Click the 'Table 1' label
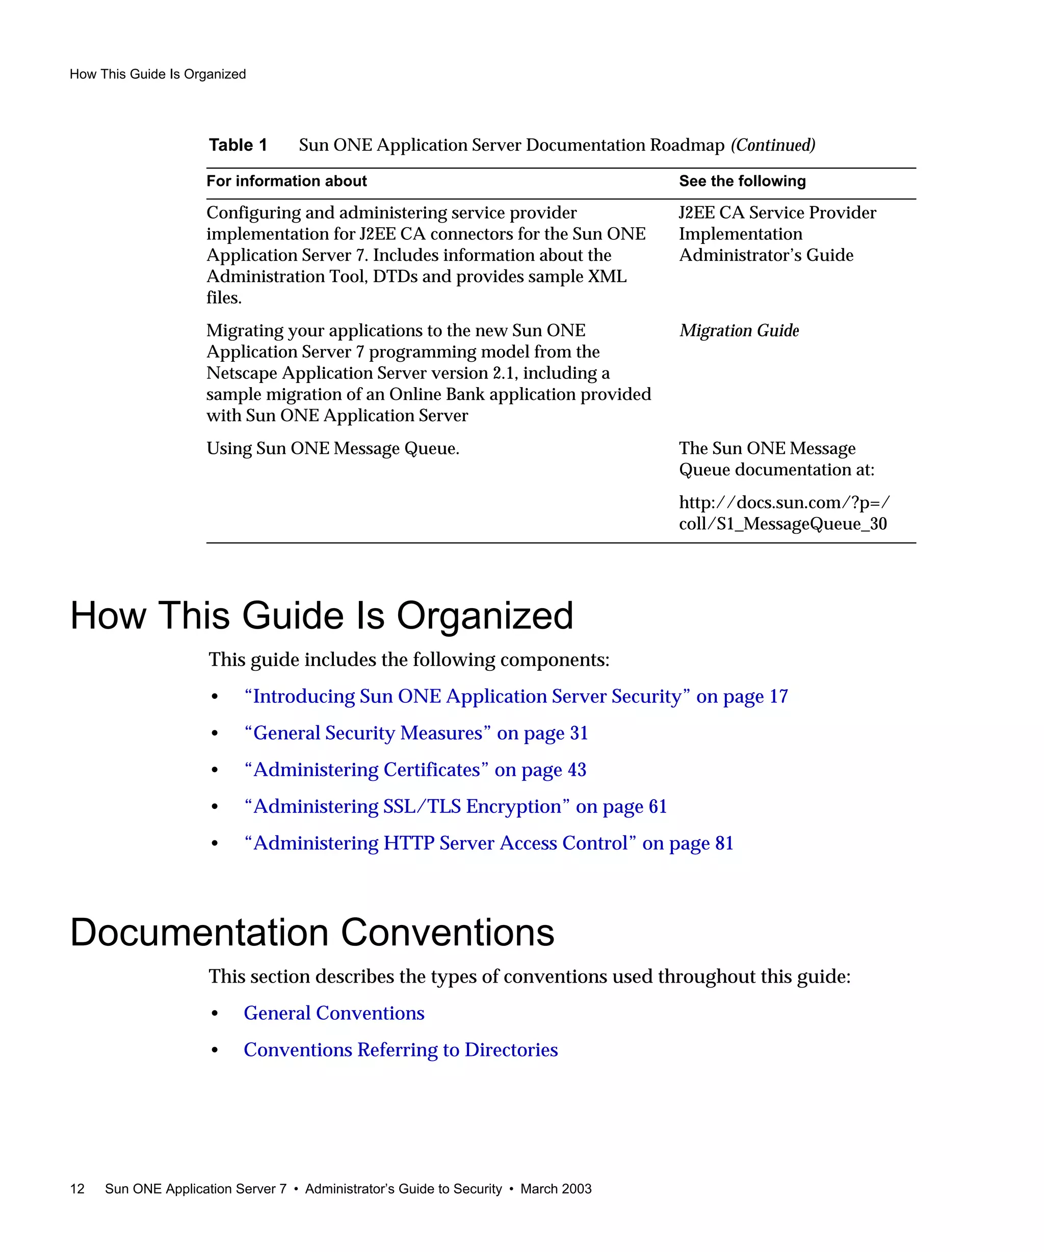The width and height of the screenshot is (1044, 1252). point(238,145)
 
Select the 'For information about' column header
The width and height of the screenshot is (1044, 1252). point(286,181)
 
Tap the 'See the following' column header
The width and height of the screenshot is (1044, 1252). point(742,181)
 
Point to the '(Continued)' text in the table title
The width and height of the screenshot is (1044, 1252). point(773,145)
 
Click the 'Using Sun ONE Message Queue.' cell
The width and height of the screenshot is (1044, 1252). point(332,448)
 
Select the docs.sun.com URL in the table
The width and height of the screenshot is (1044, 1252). point(784,513)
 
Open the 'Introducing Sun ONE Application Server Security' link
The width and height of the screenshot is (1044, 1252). point(515,696)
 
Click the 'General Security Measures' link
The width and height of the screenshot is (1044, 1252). point(416,733)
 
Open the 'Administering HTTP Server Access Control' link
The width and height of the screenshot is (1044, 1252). point(488,843)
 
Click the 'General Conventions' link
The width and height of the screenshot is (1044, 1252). point(333,1013)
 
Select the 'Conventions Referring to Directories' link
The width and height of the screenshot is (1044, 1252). point(400,1049)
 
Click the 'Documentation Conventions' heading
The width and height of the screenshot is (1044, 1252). point(312,933)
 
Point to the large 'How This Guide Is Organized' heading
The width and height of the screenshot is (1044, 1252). point(322,615)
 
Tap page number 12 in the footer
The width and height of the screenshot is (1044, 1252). point(77,1189)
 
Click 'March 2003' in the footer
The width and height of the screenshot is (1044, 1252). point(556,1189)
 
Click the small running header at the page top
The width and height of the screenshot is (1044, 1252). point(158,74)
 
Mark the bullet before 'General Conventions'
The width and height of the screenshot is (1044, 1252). point(215,1014)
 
